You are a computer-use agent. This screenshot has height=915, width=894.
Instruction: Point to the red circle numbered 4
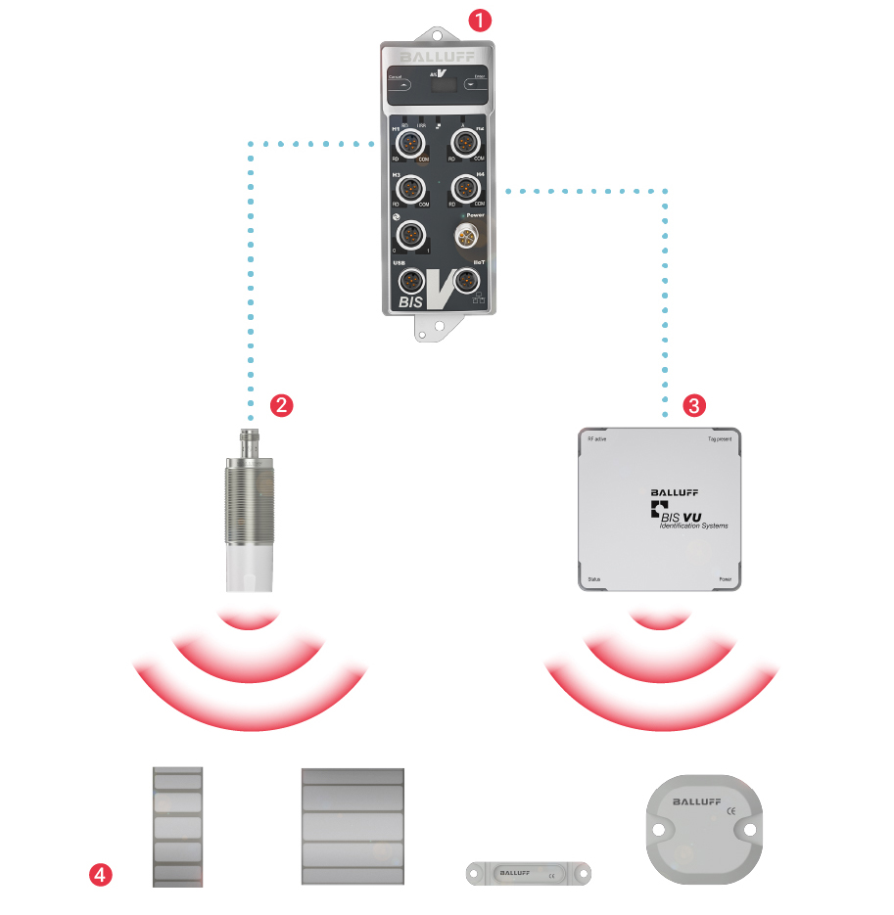pyautogui.click(x=101, y=874)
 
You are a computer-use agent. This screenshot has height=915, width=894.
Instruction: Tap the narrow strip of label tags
pyautogui.click(x=178, y=827)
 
